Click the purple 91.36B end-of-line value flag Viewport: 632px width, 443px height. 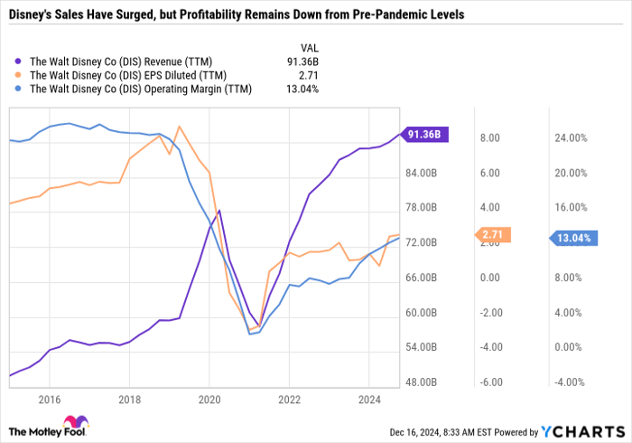coord(423,135)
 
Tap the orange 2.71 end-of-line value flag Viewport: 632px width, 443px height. coord(492,235)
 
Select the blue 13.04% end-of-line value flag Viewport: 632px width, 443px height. coord(574,239)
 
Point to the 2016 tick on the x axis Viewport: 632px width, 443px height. coord(49,399)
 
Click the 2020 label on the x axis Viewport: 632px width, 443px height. coord(209,399)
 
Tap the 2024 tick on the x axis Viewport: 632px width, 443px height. coord(368,399)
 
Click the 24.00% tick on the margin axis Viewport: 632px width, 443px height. coord(571,138)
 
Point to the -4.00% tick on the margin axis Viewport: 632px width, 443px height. coord(571,382)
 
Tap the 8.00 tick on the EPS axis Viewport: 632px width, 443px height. coord(489,138)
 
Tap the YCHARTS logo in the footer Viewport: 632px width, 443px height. coord(582,430)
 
